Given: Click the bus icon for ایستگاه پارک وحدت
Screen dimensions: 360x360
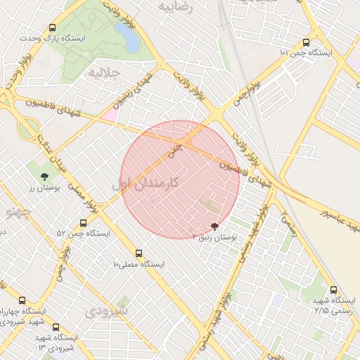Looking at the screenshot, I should pos(53,28).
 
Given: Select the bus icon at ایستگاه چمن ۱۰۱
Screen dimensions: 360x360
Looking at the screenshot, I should pos(305,42).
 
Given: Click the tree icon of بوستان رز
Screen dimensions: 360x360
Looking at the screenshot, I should pos(45,176).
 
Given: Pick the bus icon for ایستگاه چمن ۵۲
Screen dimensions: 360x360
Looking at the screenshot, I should pos(84,224).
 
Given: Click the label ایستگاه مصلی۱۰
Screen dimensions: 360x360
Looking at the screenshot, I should pos(138,264).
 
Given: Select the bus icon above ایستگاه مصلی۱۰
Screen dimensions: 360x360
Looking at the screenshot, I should pos(138,252).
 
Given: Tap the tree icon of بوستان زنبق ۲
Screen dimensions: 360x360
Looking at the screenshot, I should pos(214,226).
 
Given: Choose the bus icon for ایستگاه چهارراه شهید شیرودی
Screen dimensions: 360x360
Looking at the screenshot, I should pos(22,300).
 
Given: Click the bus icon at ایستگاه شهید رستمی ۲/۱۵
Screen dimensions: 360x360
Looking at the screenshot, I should pos(333,289).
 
